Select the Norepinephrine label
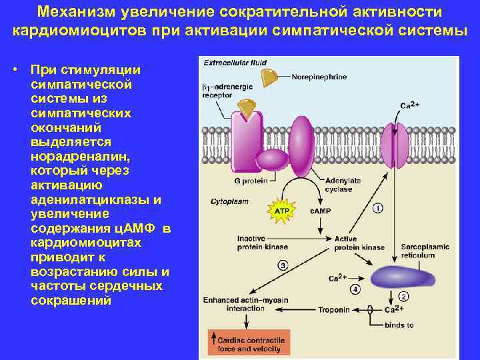click(x=319, y=77)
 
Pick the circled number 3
click(x=282, y=266)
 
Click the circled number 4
click(x=355, y=289)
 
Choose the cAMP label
click(x=320, y=211)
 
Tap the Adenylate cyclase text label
click(x=343, y=185)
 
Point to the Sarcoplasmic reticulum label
click(x=425, y=251)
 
